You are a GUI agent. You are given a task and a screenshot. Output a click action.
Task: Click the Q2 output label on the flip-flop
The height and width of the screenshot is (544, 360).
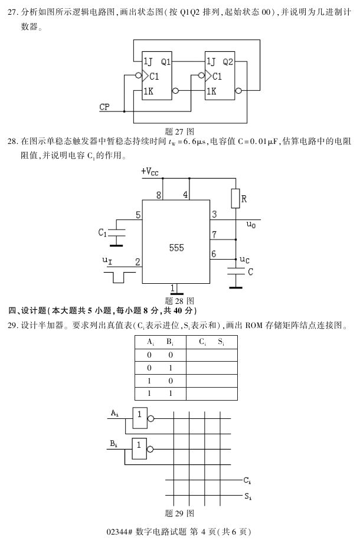point(228,61)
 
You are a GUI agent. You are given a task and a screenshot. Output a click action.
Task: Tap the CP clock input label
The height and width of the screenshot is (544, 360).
point(104,107)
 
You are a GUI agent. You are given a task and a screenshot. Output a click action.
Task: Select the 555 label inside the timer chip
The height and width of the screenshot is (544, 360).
point(176,248)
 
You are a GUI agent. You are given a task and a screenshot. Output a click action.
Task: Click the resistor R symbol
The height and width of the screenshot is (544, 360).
point(235,199)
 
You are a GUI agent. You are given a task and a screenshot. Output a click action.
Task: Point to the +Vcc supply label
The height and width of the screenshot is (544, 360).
point(150,172)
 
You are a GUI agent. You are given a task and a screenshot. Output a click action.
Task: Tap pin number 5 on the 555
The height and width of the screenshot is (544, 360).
point(138,215)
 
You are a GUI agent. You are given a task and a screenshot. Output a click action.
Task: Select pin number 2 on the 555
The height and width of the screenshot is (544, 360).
point(138,261)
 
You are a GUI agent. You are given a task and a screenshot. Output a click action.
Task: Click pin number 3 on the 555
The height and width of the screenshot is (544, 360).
point(214,214)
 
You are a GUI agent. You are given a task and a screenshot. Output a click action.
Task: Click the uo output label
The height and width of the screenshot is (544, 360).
point(251,225)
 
